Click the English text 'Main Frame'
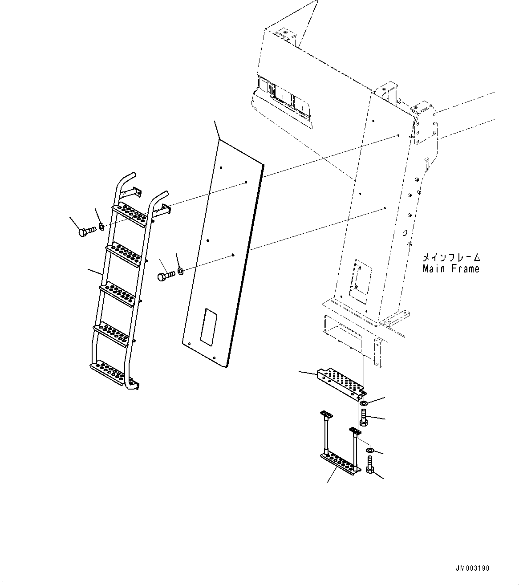[451, 269]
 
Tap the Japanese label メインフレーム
[451, 258]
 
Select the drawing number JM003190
[472, 568]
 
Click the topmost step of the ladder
[130, 214]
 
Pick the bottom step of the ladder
[107, 371]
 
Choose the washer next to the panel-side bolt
[180, 271]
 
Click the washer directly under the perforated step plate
[363, 403]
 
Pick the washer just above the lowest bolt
[370, 451]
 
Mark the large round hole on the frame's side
[404, 233]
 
